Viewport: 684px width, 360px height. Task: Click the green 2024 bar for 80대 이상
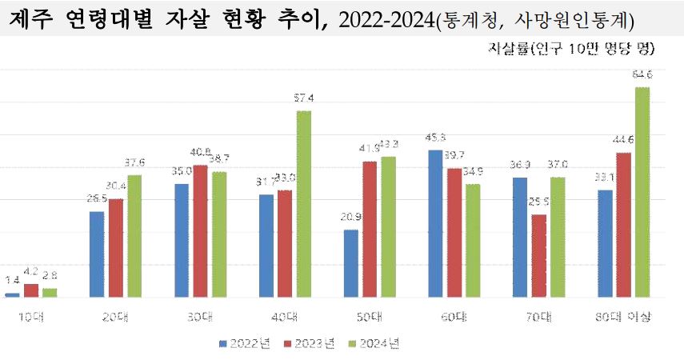[642, 192]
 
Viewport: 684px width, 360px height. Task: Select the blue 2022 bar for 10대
[12, 295]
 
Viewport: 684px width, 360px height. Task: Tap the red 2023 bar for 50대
[370, 229]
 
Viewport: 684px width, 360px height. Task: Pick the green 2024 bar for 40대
[304, 204]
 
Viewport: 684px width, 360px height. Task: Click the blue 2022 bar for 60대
[435, 223]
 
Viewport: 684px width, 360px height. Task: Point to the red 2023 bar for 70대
[539, 256]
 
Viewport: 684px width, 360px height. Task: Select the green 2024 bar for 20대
[134, 236]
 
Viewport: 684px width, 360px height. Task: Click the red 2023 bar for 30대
[200, 231]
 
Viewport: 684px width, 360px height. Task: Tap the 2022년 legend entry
[245, 344]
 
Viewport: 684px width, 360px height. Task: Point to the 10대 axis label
[31, 318]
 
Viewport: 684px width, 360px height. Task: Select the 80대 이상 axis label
[624, 318]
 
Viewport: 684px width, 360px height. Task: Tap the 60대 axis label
[454, 318]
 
